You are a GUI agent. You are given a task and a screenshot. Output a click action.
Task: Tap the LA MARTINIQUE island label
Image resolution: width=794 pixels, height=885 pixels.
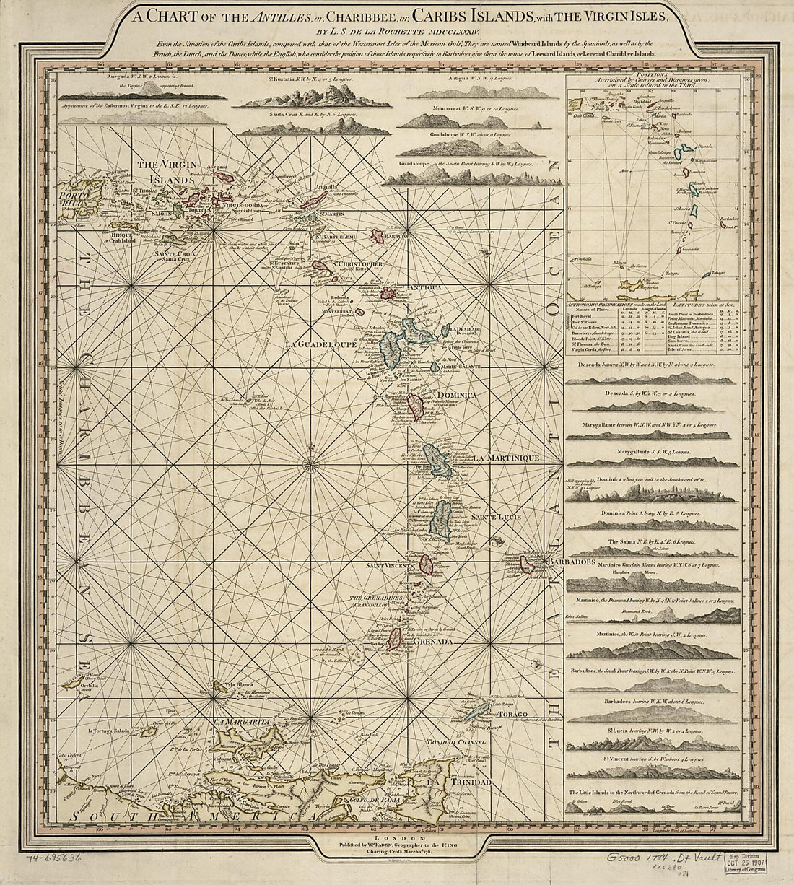point(506,458)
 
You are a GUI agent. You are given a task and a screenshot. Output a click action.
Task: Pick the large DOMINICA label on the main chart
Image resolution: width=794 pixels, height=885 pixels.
point(455,396)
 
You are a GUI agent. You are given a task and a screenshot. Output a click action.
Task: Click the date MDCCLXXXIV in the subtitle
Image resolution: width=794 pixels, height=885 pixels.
point(445,31)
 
